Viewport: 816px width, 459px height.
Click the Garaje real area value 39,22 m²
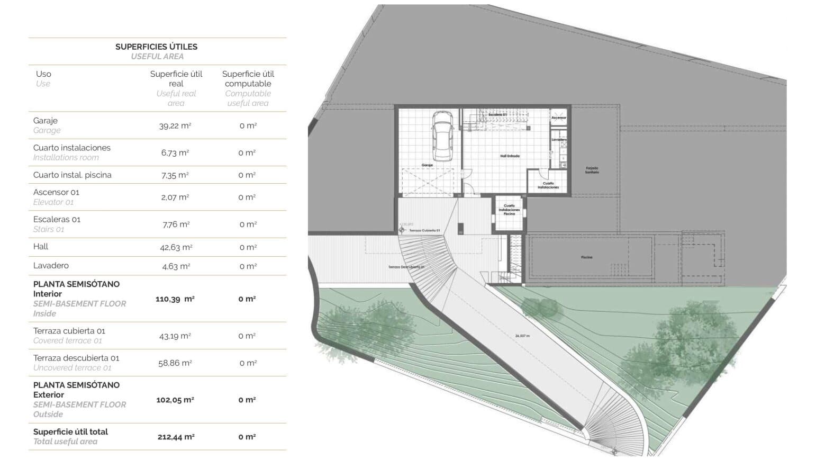pos(175,125)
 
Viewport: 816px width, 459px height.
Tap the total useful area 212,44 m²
pos(176,437)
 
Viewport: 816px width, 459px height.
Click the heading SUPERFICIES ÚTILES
pos(156,47)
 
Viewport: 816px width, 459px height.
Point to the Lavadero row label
pos(51,266)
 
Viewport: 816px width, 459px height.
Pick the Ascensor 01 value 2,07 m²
pos(175,197)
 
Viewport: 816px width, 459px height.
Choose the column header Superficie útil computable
pos(248,79)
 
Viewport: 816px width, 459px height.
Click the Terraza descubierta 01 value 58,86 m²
pos(175,363)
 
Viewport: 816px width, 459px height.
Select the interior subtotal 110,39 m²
pos(175,299)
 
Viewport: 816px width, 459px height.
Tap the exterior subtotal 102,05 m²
pos(175,400)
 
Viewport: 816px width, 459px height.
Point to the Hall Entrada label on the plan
pos(510,156)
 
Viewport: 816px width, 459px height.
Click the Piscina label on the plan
pos(586,257)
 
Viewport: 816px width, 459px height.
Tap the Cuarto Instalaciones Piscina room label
pos(509,210)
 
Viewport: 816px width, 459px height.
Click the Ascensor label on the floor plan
pos(558,118)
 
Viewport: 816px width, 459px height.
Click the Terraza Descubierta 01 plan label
pos(406,267)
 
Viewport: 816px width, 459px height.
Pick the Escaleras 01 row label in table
pos(57,219)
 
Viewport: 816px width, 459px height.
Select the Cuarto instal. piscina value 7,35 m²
pos(175,175)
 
